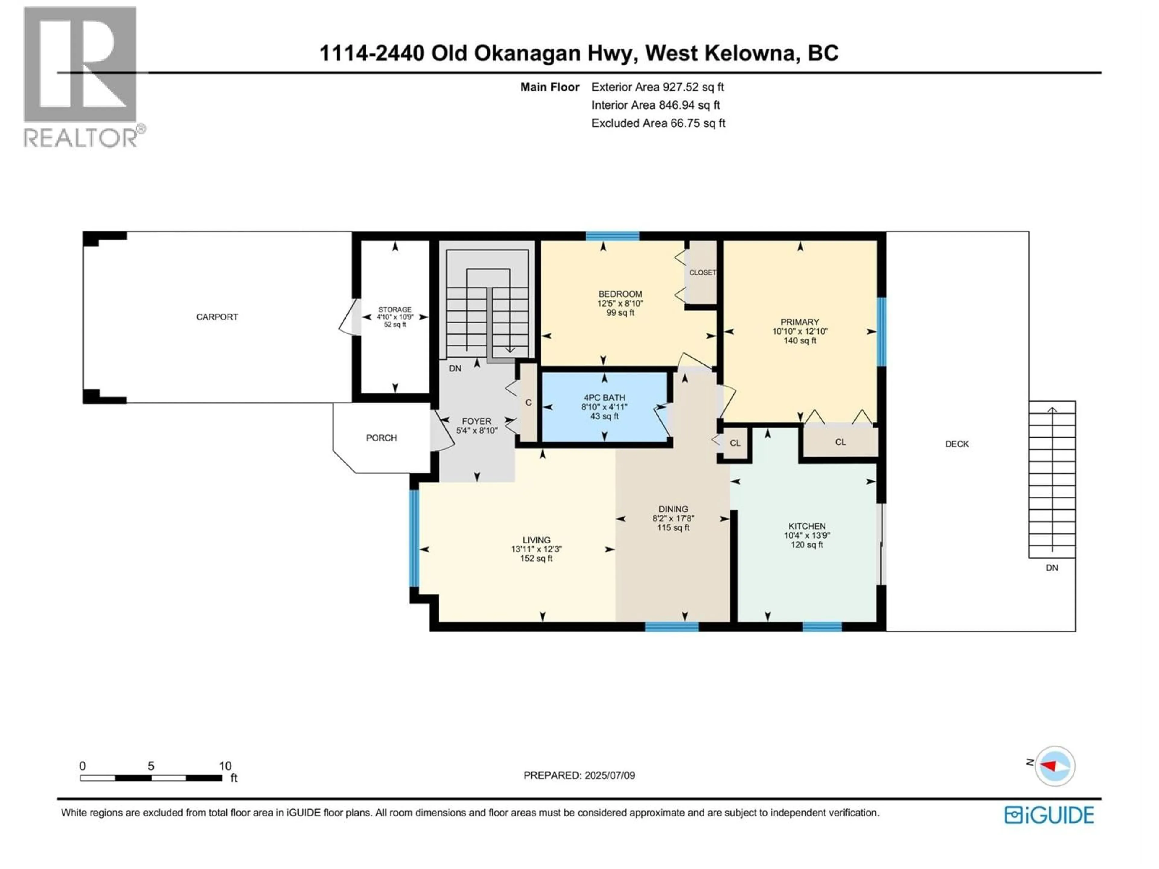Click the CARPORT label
tap(217, 317)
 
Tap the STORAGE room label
tap(395, 310)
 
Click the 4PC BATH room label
tap(604, 398)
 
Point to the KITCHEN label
tap(807, 526)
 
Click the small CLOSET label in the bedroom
tap(702, 273)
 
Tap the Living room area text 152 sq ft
tap(536, 559)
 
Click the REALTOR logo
tap(81, 76)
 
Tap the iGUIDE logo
tap(1049, 816)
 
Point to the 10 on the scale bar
tap(225, 766)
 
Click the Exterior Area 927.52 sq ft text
tap(658, 87)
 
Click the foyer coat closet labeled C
tap(528, 402)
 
